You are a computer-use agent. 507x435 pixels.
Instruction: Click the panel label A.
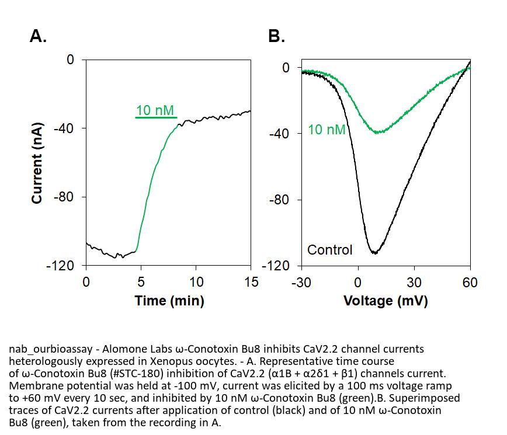coord(38,37)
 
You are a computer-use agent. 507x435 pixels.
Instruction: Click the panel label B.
coord(276,37)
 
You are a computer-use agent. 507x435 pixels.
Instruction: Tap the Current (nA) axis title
coord(37,163)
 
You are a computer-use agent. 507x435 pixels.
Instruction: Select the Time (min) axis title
coord(169,301)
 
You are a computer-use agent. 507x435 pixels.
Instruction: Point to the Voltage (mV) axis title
coord(386,301)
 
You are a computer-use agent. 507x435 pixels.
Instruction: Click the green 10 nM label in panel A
coord(155,110)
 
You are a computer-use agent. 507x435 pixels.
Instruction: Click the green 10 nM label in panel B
coord(327,130)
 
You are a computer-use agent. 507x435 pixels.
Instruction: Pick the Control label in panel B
coord(330,250)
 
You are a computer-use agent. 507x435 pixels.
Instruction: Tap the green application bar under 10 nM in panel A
coord(156,118)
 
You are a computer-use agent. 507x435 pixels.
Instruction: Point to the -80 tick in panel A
coord(64,197)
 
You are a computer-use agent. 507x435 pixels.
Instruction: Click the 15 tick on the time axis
coord(251,283)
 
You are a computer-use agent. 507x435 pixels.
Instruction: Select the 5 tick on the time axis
coord(141,283)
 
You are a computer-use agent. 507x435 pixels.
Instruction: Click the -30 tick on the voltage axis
coord(301,283)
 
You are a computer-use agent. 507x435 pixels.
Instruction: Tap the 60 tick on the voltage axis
coord(470,283)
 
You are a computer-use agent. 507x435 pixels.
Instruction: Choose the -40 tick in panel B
coord(279,134)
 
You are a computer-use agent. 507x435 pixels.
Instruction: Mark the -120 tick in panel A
coord(61,266)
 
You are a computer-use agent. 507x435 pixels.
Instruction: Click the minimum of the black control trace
coord(374,253)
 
